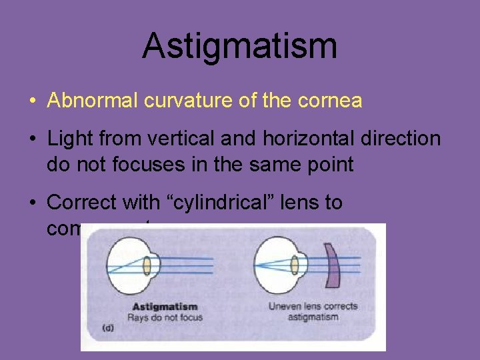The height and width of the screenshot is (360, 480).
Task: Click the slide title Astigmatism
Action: (x=239, y=47)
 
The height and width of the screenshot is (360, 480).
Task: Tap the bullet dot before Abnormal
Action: (x=32, y=101)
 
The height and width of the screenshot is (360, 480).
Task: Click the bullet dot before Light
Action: (x=32, y=139)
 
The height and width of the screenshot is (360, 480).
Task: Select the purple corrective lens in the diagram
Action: (x=331, y=265)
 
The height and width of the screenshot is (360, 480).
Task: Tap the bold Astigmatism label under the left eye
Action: (x=165, y=307)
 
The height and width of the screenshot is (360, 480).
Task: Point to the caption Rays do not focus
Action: (x=167, y=317)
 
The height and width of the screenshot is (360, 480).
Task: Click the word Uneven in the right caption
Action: (x=285, y=307)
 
